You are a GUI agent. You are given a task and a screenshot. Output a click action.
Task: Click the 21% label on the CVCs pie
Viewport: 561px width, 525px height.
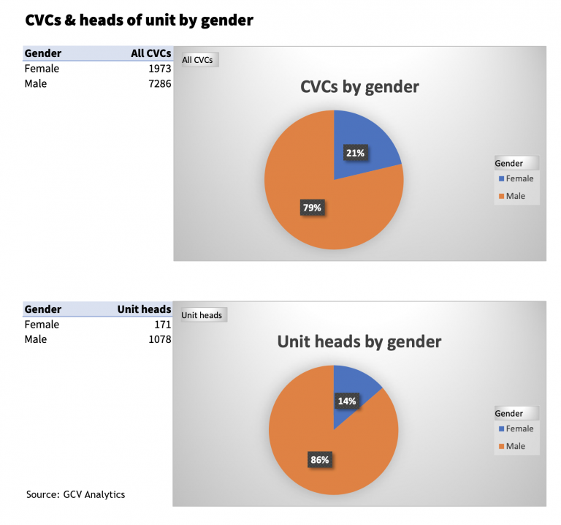[x=356, y=153]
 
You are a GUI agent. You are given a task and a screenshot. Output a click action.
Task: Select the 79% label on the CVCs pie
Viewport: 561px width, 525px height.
[x=312, y=208]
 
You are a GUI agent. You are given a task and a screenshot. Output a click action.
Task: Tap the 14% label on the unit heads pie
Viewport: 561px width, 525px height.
[x=346, y=401]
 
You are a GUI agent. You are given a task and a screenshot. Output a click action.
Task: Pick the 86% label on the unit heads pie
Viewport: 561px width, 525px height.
[x=319, y=460]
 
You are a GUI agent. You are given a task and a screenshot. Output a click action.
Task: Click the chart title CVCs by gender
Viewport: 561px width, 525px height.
[x=359, y=87]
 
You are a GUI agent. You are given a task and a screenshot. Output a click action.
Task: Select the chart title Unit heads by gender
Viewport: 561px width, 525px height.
[x=359, y=341]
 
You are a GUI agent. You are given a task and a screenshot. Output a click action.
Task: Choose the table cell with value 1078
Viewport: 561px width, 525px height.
[x=159, y=340]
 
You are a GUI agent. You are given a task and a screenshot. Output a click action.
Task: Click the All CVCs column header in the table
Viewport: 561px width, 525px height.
[x=150, y=53]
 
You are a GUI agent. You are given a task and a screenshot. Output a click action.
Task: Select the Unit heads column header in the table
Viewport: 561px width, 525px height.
[x=144, y=309]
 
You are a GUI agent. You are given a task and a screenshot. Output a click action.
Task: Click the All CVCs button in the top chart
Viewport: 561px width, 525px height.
[x=198, y=60]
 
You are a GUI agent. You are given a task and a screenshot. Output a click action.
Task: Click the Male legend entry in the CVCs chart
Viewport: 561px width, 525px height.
[x=515, y=196]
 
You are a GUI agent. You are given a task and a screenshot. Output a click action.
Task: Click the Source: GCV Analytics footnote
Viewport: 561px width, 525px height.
[x=75, y=494]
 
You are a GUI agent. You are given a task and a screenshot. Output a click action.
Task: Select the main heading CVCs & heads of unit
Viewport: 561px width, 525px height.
[x=140, y=20]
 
